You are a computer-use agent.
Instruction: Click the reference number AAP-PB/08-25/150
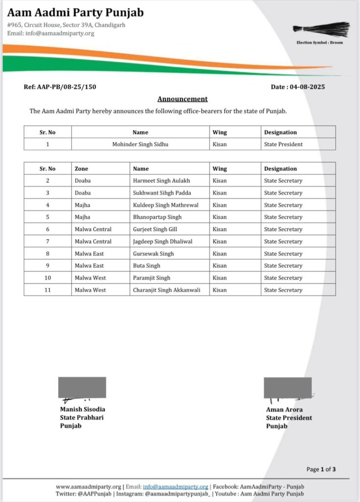60,87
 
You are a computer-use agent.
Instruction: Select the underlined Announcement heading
182,99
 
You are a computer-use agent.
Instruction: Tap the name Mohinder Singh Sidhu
140,144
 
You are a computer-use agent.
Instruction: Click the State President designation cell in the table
283,144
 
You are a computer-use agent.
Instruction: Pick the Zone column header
82,169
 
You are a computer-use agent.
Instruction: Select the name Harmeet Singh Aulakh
161,181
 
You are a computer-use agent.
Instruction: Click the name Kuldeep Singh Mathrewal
166,205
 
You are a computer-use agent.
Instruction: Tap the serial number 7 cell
48,241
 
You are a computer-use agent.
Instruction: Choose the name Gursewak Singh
153,253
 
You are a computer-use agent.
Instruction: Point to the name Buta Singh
146,266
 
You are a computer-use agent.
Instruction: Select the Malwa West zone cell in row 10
90,278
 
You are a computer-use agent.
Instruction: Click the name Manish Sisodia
82,409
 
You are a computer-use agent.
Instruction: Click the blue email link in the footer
175,486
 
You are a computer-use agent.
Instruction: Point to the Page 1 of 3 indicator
321,469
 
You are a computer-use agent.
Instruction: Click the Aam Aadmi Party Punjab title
75,12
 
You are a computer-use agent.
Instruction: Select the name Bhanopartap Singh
157,217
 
